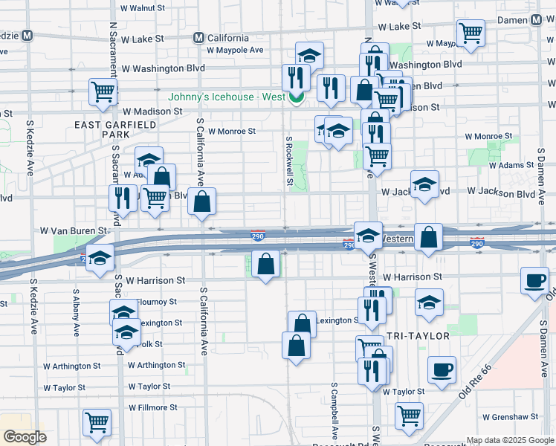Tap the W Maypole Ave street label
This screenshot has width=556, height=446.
(x=236, y=51)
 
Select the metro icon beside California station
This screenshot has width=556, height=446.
(x=198, y=38)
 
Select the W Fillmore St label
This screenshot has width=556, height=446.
(x=156, y=407)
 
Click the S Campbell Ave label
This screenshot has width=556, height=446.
(x=334, y=411)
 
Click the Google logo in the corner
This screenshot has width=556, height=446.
(x=25, y=437)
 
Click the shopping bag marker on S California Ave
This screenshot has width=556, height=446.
(x=201, y=201)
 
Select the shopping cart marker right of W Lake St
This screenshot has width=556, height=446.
(x=471, y=33)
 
